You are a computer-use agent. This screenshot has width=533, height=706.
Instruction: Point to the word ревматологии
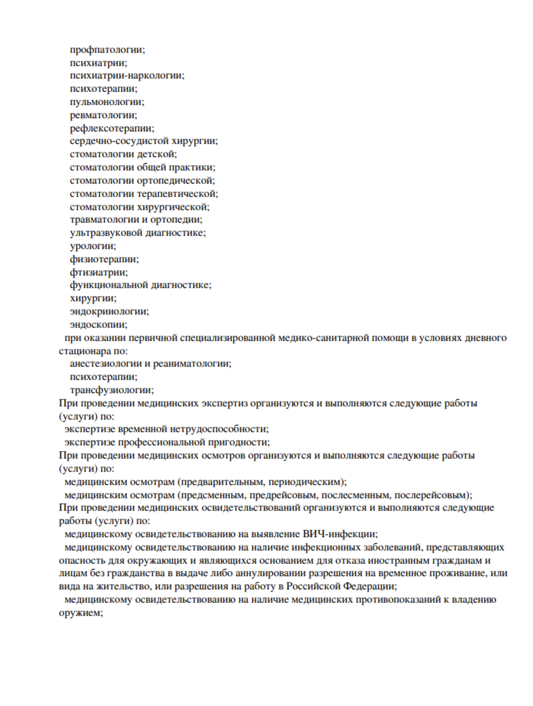click(103, 115)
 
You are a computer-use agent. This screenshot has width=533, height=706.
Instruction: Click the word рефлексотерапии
click(111, 128)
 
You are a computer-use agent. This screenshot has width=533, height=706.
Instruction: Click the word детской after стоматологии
click(157, 154)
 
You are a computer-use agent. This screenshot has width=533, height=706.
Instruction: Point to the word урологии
click(92, 246)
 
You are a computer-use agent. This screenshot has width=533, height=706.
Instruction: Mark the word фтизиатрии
click(98, 272)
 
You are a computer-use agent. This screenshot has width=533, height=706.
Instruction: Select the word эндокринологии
click(108, 311)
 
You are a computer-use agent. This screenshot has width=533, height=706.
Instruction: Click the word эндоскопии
click(98, 325)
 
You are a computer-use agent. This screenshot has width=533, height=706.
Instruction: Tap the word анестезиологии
click(106, 363)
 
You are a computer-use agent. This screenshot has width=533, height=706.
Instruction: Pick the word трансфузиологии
click(111, 390)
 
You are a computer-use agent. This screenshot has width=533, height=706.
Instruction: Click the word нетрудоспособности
click(219, 429)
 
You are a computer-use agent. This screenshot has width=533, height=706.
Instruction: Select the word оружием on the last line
click(80, 613)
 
